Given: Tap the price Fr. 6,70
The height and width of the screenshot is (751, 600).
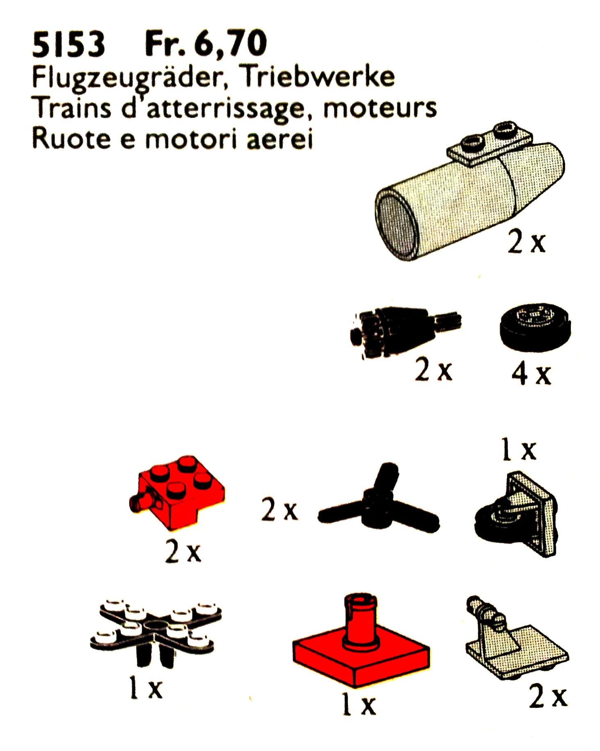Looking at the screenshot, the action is click(x=206, y=44).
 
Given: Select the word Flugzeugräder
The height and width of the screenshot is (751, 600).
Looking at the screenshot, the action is click(x=130, y=78).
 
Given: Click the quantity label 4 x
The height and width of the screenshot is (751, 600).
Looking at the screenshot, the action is click(x=531, y=374).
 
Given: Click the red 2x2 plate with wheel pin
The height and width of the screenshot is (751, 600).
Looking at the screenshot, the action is click(x=177, y=491).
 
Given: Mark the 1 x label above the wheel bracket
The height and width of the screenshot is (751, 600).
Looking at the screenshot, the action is click(x=519, y=450).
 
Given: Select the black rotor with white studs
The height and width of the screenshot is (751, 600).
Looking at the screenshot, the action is click(x=156, y=631).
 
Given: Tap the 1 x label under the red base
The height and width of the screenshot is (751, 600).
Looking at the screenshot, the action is click(x=359, y=704).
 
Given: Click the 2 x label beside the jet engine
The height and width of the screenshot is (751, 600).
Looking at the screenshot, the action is click(x=526, y=242).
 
